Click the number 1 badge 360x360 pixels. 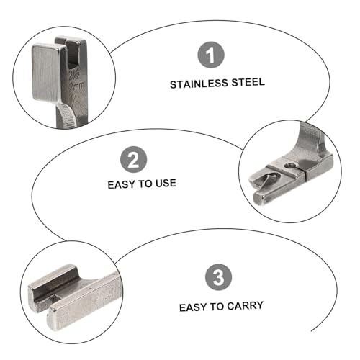point(211,55)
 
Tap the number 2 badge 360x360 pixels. point(133,160)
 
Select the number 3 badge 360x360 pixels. point(218,277)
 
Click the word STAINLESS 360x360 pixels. point(199,84)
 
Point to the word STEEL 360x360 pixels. point(248,82)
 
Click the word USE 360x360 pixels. point(166,184)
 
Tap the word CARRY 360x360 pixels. point(245,306)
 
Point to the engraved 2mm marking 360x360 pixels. point(76,87)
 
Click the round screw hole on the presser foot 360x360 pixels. point(289,165)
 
